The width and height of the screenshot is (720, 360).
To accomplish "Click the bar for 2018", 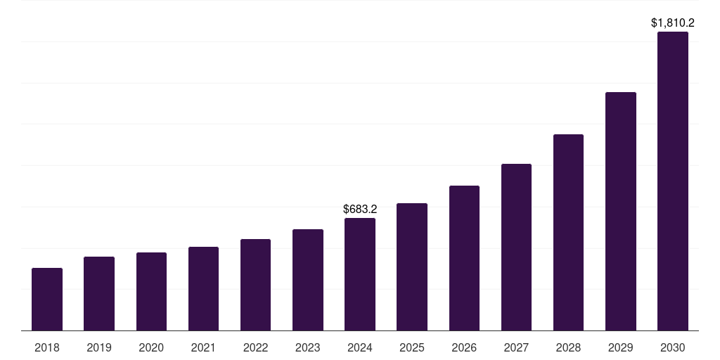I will click(x=47, y=299).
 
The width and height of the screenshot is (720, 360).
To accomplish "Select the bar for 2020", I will click(x=151, y=291).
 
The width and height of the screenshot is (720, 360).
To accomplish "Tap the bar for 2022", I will click(x=255, y=285).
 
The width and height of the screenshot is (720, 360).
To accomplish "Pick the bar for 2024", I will click(x=360, y=274).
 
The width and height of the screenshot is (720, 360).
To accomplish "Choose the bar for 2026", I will click(x=464, y=258).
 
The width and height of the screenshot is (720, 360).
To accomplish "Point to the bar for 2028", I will click(x=568, y=232).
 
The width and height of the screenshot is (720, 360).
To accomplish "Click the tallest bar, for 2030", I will click(x=673, y=181).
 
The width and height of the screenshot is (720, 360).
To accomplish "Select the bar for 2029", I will click(x=621, y=211).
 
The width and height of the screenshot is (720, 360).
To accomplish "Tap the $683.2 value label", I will click(x=360, y=209).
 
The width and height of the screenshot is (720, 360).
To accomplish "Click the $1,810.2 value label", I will click(x=673, y=23).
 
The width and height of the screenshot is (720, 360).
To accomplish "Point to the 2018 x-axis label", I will click(x=47, y=347).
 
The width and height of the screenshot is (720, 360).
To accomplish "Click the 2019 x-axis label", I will click(x=99, y=347).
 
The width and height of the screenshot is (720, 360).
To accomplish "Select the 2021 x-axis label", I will click(x=203, y=347).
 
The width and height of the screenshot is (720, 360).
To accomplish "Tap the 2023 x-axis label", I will click(x=308, y=347).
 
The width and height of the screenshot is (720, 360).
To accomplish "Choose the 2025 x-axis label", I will click(x=412, y=347).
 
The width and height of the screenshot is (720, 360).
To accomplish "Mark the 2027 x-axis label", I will click(x=516, y=347).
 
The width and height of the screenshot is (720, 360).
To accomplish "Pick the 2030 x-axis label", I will click(x=673, y=347).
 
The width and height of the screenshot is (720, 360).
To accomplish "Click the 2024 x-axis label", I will click(x=360, y=347).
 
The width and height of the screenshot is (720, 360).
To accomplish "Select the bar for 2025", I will click(x=412, y=266).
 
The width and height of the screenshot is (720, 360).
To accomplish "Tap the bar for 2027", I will click(x=516, y=247).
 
